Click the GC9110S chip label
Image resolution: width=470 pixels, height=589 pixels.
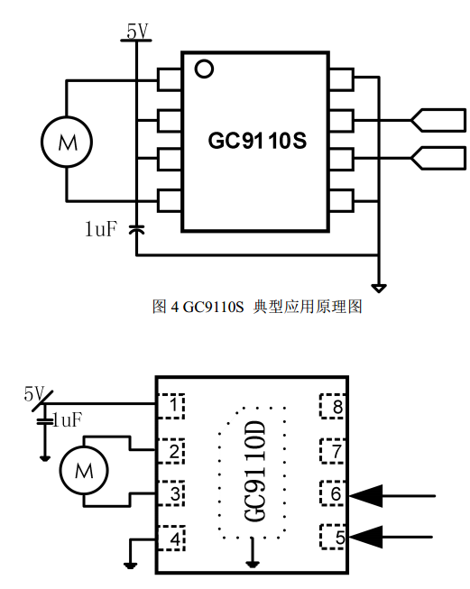point(257,141)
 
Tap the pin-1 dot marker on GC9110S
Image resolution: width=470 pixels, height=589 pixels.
point(204,69)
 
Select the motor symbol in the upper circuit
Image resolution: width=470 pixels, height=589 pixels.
point(67,142)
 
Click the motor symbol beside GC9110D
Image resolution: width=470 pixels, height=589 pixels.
point(84,470)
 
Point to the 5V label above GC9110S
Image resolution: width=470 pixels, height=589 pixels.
point(137,31)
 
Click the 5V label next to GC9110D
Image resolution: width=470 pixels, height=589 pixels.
point(33,393)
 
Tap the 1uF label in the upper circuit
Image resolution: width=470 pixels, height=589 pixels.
point(101,229)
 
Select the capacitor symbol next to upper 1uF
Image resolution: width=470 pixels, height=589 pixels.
point(136,229)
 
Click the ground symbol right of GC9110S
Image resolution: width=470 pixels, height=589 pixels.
point(378,289)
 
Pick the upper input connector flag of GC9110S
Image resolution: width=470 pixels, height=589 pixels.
point(438,120)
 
